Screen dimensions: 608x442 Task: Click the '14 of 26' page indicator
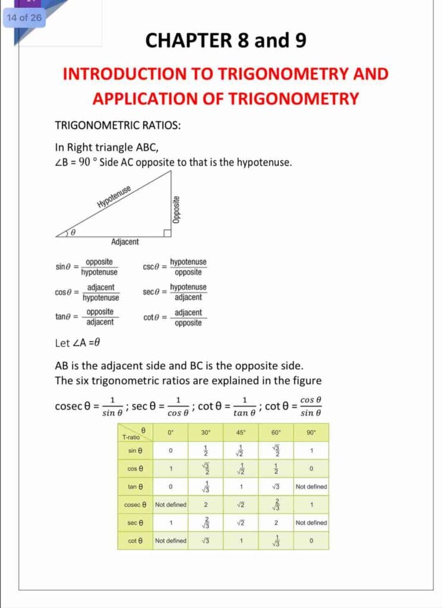[x=24, y=17]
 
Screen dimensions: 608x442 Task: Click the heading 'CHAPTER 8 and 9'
[x=226, y=40]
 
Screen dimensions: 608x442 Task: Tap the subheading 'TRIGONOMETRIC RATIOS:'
[x=118, y=125]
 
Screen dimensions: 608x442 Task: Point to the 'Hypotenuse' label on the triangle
[x=113, y=197]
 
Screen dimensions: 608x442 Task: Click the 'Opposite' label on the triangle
[x=176, y=210]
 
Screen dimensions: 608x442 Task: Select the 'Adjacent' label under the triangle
[x=125, y=242]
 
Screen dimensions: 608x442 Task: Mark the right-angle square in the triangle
[x=168, y=233]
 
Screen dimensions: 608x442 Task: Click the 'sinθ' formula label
[x=64, y=267]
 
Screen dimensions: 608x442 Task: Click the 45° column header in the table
[x=241, y=432]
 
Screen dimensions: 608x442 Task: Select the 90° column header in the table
[x=311, y=432]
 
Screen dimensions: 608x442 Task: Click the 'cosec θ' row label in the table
[x=135, y=505]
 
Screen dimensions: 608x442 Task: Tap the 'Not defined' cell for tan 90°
[x=311, y=487]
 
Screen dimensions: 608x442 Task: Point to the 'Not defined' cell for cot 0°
[x=171, y=541]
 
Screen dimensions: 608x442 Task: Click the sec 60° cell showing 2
[x=276, y=523]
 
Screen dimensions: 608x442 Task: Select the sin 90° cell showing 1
[x=311, y=451]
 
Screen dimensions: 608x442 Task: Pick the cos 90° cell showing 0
[x=311, y=468]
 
